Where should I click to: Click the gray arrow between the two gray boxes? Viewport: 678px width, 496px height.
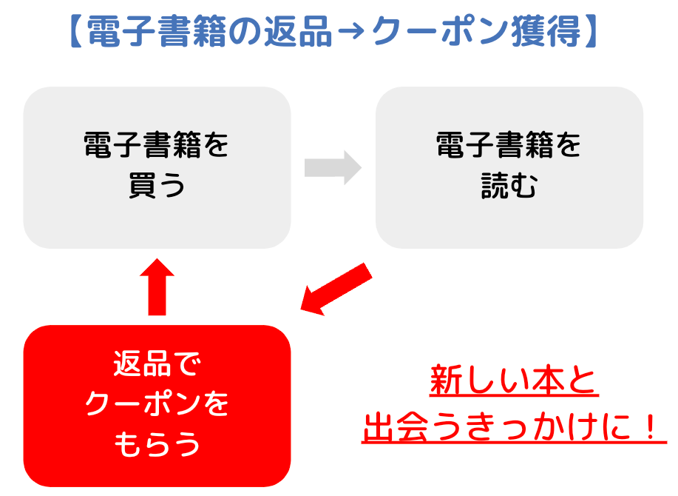pos(332,167)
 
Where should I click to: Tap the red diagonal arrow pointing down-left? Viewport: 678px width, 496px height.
pos(336,288)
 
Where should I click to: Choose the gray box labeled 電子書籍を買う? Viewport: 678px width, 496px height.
pos(157,167)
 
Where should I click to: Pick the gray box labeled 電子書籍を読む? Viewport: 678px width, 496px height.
pos(509,167)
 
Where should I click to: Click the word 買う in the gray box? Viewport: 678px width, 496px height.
pos(157,187)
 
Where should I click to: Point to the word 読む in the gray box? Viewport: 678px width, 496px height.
pos(509,187)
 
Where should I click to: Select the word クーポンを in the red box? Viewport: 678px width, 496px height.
pos(157,404)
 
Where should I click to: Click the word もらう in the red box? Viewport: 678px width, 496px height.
pos(157,443)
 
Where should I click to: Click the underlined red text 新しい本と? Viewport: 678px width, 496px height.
pos(514,382)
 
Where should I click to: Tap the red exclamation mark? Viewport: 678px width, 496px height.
pos(651,427)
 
